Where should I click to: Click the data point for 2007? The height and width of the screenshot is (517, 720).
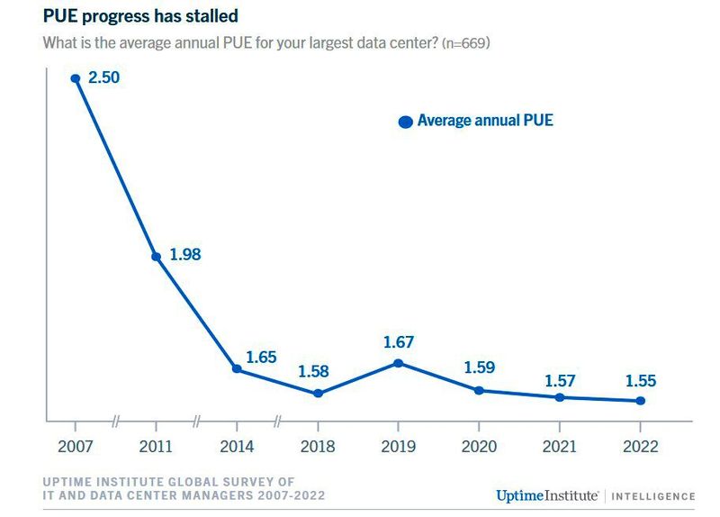pyautogui.click(x=76, y=78)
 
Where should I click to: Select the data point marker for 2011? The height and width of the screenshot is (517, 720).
pyautogui.click(x=156, y=257)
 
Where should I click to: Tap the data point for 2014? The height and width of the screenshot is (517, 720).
pyautogui.click(x=237, y=369)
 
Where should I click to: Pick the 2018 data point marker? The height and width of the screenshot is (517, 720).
pyautogui.click(x=318, y=394)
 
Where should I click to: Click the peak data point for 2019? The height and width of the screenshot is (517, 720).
pyautogui.click(x=398, y=363)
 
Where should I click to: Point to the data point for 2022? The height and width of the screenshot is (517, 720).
pyautogui.click(x=640, y=401)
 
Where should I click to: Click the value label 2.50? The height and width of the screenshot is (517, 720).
pyautogui.click(x=103, y=77)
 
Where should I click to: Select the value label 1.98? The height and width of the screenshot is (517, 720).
pyautogui.click(x=184, y=255)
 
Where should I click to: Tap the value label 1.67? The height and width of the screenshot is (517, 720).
pyautogui.click(x=399, y=342)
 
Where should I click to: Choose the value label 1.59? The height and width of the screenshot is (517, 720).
pyautogui.click(x=479, y=367)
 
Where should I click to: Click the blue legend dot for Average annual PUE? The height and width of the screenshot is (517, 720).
pyautogui.click(x=406, y=122)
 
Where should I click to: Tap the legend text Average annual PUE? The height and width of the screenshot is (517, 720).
pyautogui.click(x=485, y=121)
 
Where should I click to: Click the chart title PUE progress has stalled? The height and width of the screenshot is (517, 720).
pyautogui.click(x=140, y=15)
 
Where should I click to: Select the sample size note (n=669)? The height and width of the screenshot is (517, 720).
pyautogui.click(x=465, y=42)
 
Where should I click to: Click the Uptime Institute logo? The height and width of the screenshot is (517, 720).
pyautogui.click(x=548, y=495)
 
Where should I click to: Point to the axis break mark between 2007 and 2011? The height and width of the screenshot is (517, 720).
pyautogui.click(x=115, y=421)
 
